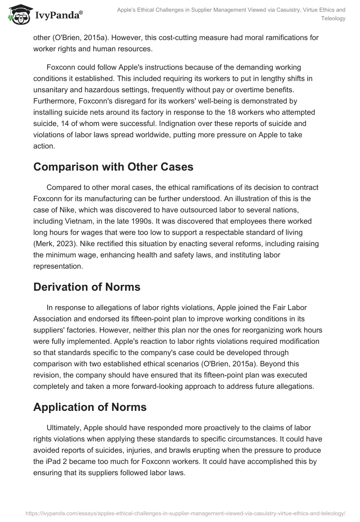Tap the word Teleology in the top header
333,18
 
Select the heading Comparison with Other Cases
113,166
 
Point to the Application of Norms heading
90,407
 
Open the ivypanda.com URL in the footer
180,513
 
